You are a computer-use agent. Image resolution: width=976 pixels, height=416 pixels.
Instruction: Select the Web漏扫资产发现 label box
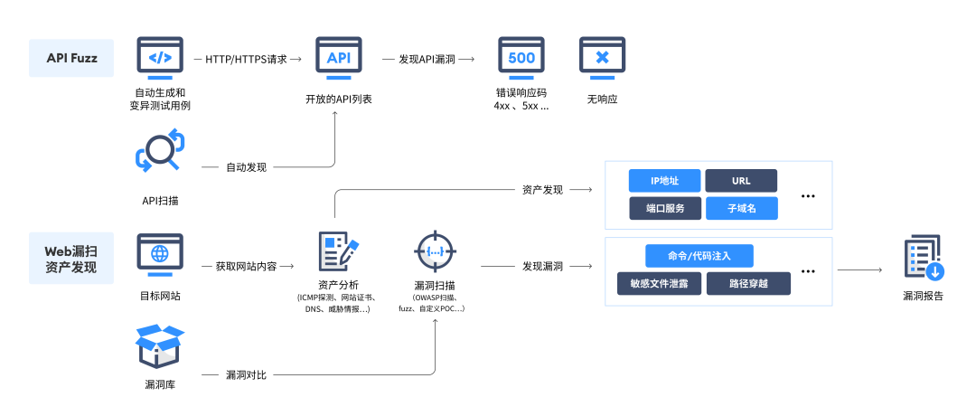click(x=71, y=258)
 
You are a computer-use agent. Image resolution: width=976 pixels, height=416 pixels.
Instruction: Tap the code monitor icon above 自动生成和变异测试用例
click(x=160, y=58)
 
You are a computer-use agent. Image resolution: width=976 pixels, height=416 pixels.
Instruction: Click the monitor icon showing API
click(x=339, y=58)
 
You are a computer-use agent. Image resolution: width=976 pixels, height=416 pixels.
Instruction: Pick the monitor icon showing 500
click(x=521, y=58)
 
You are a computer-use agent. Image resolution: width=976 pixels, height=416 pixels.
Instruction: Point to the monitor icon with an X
click(x=602, y=58)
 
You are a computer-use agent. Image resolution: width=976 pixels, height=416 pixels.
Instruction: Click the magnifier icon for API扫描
click(x=160, y=152)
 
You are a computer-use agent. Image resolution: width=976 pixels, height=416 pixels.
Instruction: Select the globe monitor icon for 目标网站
click(x=160, y=255)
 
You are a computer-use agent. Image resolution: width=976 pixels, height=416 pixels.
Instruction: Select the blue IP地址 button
click(x=665, y=181)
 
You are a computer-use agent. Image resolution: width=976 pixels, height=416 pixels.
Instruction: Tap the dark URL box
click(x=741, y=181)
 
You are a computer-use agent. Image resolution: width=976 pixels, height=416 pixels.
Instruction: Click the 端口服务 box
click(x=665, y=208)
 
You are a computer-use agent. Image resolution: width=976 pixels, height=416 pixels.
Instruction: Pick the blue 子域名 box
click(x=741, y=208)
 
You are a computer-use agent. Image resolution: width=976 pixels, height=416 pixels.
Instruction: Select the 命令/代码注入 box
click(x=699, y=256)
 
